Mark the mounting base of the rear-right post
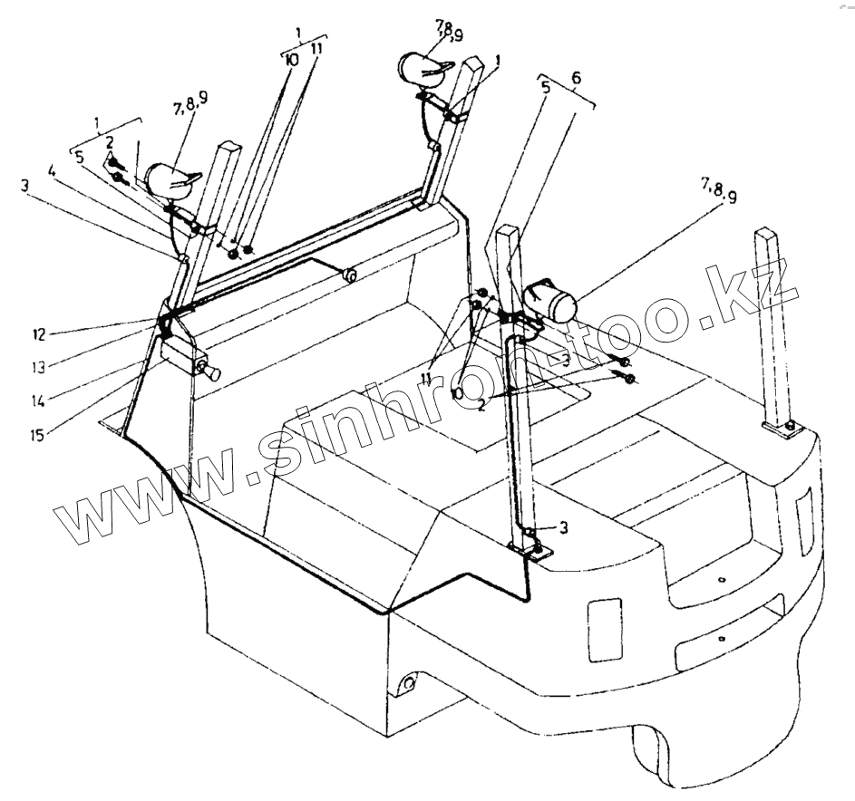coord(783,427)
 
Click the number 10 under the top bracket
coord(291,59)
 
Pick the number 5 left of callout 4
coord(79,155)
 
